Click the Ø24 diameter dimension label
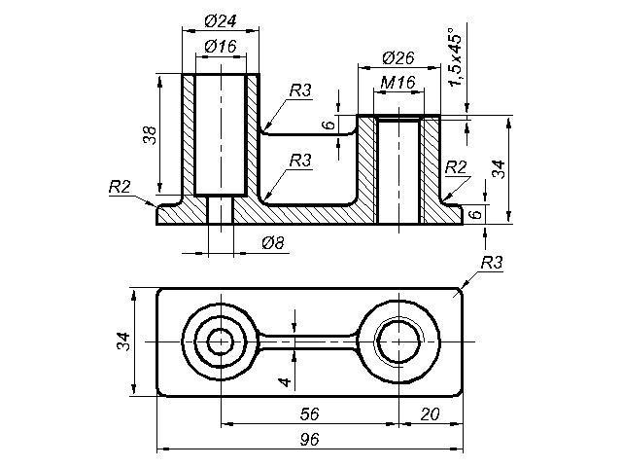(221, 21)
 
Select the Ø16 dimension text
(221, 47)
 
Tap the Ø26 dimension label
(398, 58)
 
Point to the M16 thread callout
(397, 83)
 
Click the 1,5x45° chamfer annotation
(455, 56)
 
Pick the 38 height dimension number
(150, 135)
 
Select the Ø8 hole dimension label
(273, 242)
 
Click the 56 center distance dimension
(309, 414)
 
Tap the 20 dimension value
(430, 414)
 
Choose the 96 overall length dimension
(309, 440)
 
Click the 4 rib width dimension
(285, 382)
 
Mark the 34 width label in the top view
(123, 341)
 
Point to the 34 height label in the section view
(499, 169)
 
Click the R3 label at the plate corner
(492, 263)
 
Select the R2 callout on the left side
(120, 187)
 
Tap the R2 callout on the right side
(456, 167)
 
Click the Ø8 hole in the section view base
(221, 210)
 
